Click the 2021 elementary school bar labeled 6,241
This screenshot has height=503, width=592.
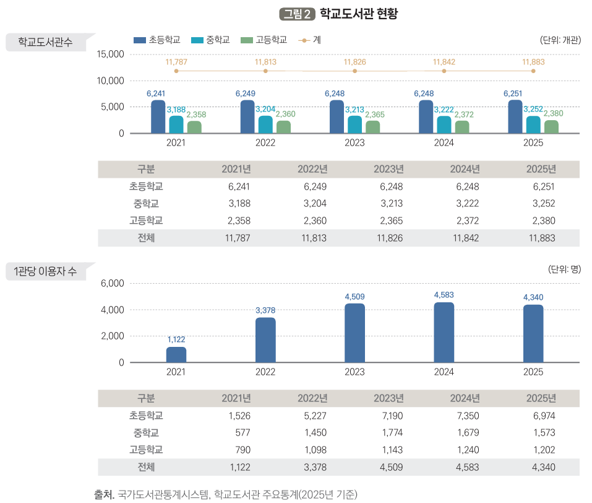tap(158, 117)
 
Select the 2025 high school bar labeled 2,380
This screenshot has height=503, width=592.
tap(551, 127)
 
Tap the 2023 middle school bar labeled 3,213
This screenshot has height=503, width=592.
tap(354, 125)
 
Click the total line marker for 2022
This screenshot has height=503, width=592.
tap(265, 71)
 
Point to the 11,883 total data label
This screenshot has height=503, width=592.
tap(533, 62)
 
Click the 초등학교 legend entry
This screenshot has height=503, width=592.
tap(157, 40)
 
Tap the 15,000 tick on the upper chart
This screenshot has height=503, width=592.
tap(111, 55)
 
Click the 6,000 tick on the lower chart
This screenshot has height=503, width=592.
tap(113, 283)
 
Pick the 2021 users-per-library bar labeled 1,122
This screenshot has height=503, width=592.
tap(176, 355)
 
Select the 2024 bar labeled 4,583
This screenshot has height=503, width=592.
tap(444, 333)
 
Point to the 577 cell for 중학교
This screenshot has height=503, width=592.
tap(242, 432)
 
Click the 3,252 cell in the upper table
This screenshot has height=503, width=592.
tap(543, 204)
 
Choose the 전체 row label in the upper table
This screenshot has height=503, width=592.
tap(146, 238)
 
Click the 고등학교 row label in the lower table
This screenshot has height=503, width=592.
tap(146, 450)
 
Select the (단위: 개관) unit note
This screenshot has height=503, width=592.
tap(560, 40)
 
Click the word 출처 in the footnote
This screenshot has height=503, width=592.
tap(103, 494)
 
